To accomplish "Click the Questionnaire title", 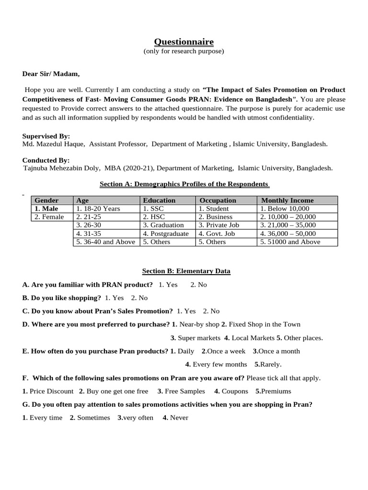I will point(184,42).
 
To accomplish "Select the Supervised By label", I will point(46,136).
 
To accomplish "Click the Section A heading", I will point(184,184).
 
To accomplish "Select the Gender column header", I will point(46,200).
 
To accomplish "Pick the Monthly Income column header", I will point(287,200).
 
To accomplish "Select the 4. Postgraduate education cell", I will point(166,234).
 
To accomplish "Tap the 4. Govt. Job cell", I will point(217,234).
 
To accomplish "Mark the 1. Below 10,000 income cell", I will point(285,209).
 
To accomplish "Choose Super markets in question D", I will point(199,338).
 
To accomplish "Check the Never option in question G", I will point(179,417).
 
